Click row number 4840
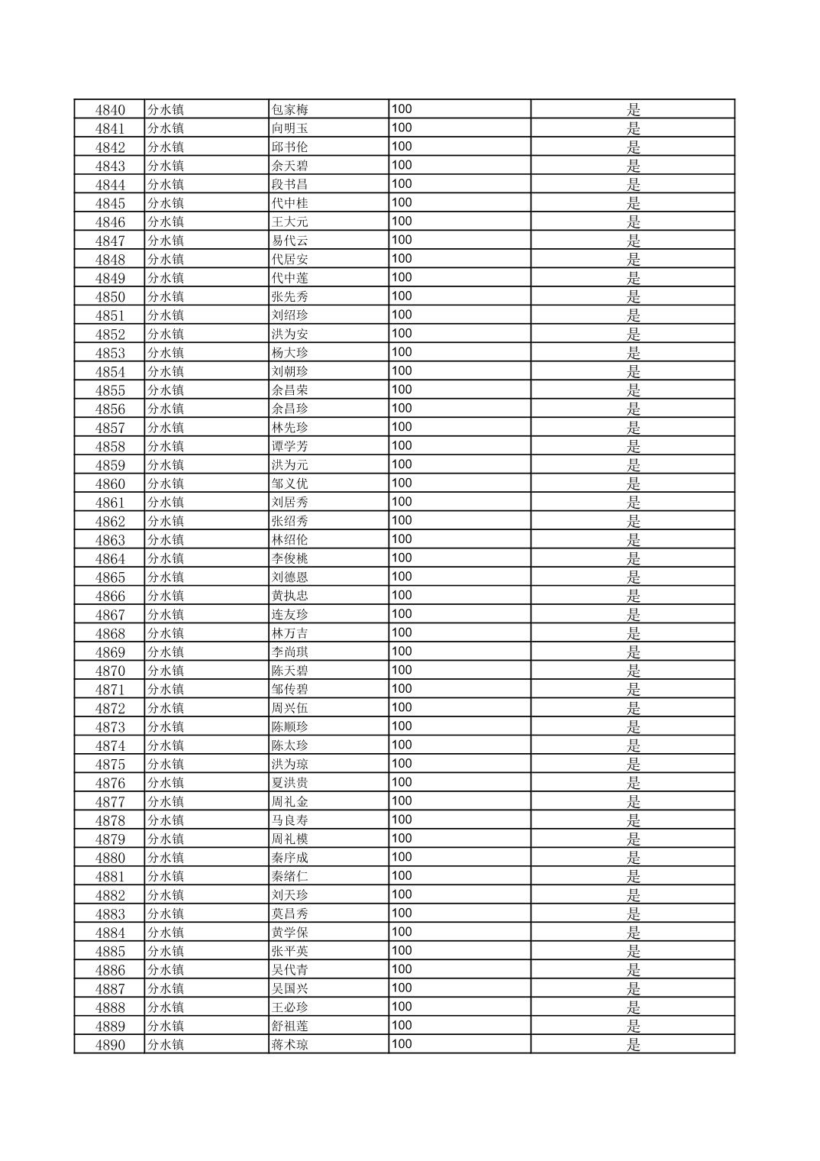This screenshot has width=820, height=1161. click(110, 110)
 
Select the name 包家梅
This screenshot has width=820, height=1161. click(290, 110)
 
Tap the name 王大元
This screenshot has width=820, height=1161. click(290, 222)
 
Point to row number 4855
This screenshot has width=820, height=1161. click(110, 390)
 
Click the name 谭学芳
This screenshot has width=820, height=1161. click(290, 447)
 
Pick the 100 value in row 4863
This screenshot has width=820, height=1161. click(402, 539)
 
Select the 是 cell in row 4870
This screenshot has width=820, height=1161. click(633, 671)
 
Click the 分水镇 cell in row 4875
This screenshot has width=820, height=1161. click(166, 765)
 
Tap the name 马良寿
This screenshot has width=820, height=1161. click(290, 820)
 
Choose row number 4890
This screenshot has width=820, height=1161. click(110, 1045)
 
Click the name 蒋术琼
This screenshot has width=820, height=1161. click(290, 1045)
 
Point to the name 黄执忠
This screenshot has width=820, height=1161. click(290, 596)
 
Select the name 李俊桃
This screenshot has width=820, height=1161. click(290, 558)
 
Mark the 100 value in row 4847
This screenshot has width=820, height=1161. click(402, 240)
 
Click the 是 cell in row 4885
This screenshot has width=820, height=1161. click(633, 951)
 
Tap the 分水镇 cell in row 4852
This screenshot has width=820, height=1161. click(166, 335)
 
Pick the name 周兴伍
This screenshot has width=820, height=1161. click(290, 708)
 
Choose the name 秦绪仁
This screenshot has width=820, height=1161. click(290, 876)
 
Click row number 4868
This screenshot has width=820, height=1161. click(110, 633)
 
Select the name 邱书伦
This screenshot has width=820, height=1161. click(290, 147)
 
